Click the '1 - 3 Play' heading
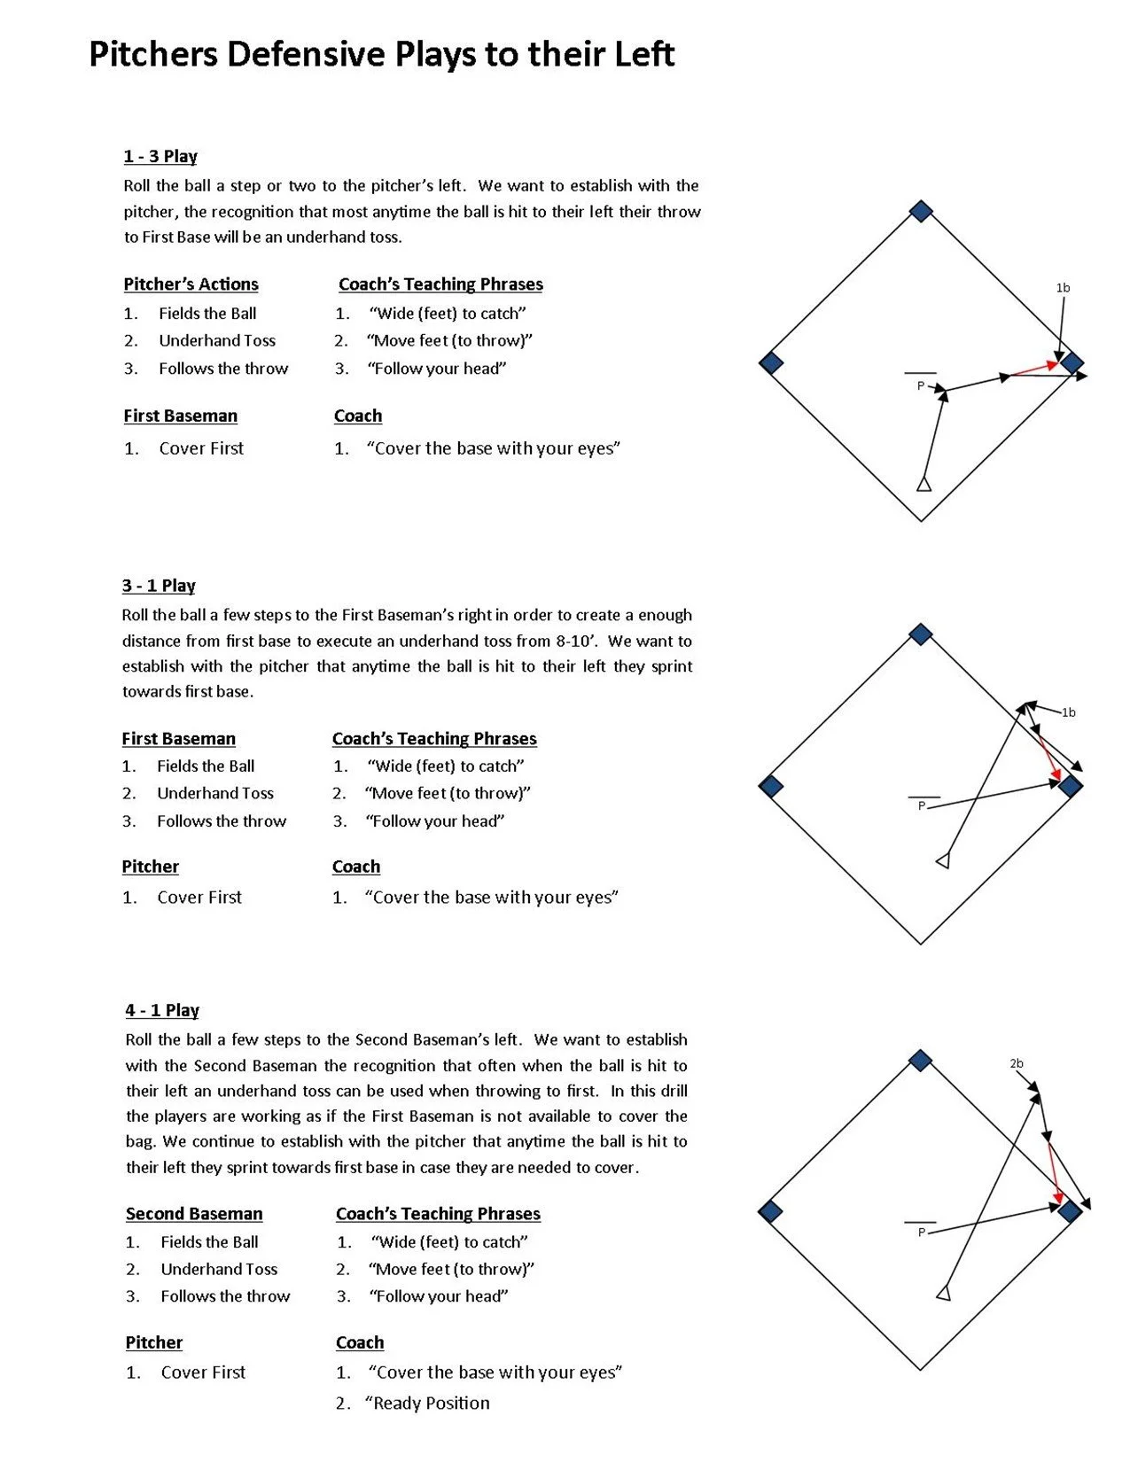click(x=160, y=157)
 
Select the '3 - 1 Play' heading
click(x=159, y=586)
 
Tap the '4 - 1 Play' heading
click(x=162, y=1010)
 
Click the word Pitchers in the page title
click(x=152, y=55)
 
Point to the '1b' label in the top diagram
click(x=1063, y=288)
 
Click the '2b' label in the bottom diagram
click(x=1016, y=1063)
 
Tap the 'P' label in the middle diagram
click(x=922, y=805)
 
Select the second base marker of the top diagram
click(x=922, y=211)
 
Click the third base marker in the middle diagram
click(x=771, y=786)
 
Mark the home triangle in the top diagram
click(x=923, y=484)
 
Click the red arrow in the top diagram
click(x=1035, y=369)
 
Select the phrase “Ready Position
click(x=428, y=1403)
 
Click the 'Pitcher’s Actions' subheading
click(x=191, y=284)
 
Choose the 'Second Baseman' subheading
click(x=194, y=1214)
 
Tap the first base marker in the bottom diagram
click(x=1070, y=1211)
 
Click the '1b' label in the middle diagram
click(x=1069, y=712)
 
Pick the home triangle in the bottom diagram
click(x=944, y=1294)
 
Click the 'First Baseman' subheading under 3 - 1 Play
click(x=178, y=739)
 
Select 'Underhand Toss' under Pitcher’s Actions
click(x=217, y=341)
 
